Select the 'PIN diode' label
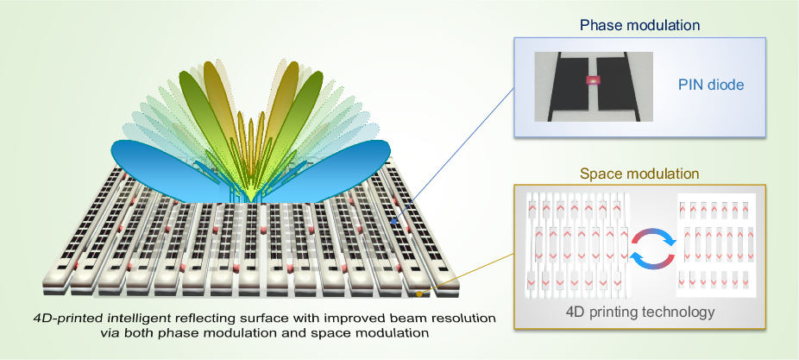tap(710, 85)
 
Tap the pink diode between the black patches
tap(592, 80)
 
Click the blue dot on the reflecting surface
tap(393, 222)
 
